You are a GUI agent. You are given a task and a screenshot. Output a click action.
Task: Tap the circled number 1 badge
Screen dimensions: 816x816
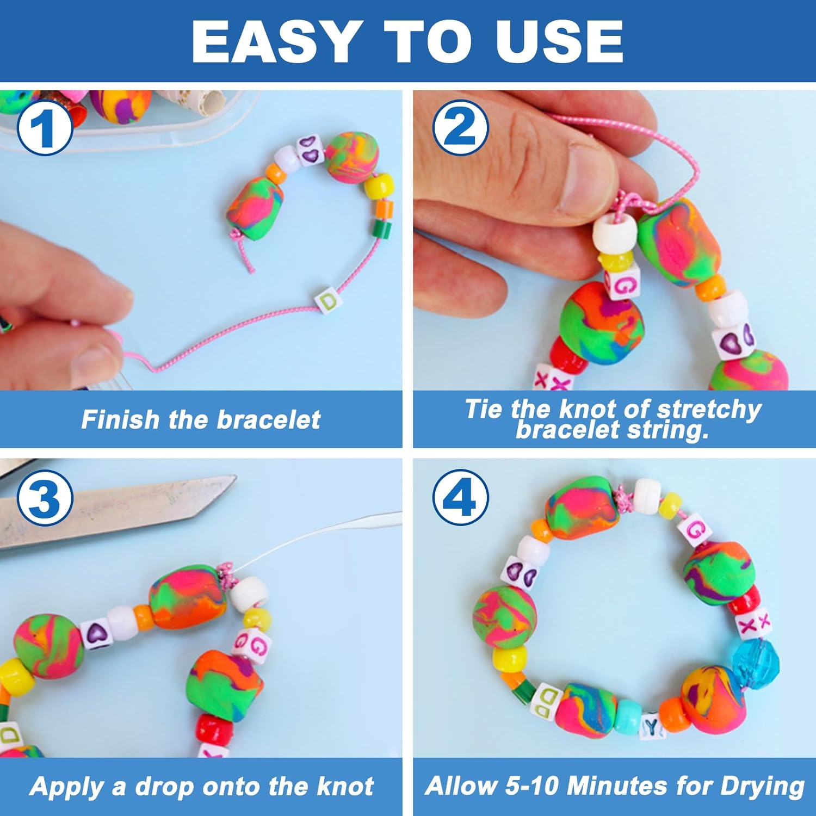(x=45, y=128)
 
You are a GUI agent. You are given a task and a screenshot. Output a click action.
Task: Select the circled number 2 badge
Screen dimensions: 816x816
(x=461, y=128)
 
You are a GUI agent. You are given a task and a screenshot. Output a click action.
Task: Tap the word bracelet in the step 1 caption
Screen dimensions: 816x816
(x=269, y=420)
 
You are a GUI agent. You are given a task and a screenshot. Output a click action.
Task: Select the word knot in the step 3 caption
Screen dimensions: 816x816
(x=345, y=787)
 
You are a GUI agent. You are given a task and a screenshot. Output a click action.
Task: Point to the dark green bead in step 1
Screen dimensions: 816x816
(x=383, y=227)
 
